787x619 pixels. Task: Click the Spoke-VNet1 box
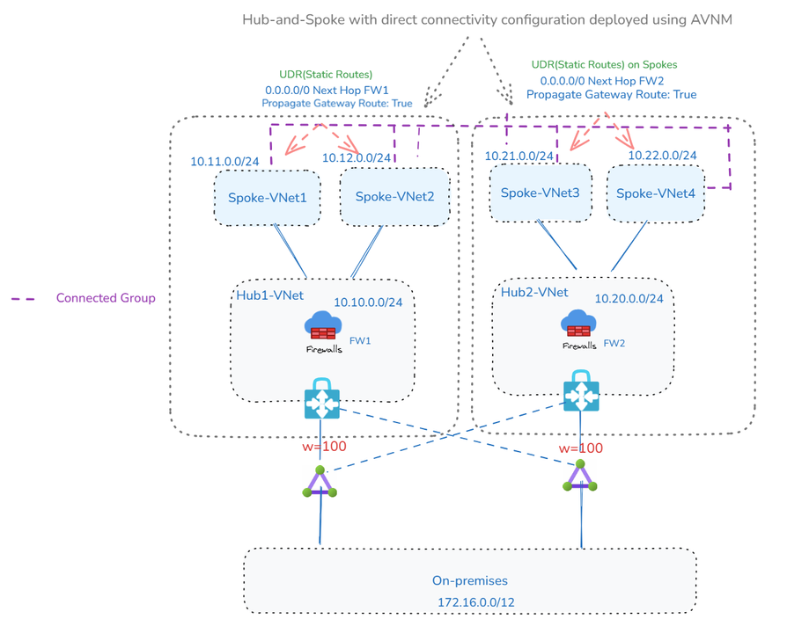pos(267,198)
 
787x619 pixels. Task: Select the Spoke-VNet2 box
pos(394,196)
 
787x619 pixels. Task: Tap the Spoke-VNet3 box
pos(540,193)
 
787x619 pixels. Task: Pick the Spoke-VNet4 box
pos(656,193)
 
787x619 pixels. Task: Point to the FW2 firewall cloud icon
pos(578,324)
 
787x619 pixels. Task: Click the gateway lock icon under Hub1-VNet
pos(321,398)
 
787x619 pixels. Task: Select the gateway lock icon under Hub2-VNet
pos(581,391)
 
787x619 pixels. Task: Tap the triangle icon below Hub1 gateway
pos(320,482)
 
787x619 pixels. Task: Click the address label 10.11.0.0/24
pos(224,162)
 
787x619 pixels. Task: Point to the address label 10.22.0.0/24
pos(662,156)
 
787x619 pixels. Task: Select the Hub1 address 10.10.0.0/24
pos(368,302)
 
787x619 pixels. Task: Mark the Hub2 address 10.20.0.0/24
pos(629,299)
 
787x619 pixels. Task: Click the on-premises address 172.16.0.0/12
pos(476,602)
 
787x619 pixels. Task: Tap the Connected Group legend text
pos(106,298)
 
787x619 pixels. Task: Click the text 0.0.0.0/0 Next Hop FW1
pos(327,91)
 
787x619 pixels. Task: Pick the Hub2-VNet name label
pos(534,292)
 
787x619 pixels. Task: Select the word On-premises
pos(470,580)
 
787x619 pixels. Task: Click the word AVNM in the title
pos(711,19)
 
